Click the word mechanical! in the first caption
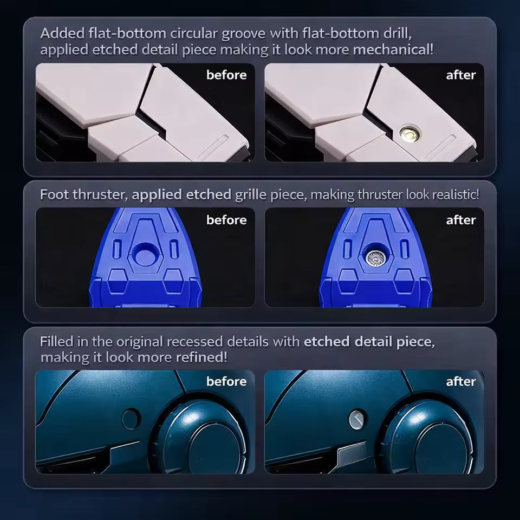pyautogui.click(x=393, y=50)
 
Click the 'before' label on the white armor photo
pyautogui.click(x=226, y=75)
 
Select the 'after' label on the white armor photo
pyautogui.click(x=461, y=75)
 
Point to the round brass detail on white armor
pyautogui.click(x=409, y=134)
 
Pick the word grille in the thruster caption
pyautogui.click(x=251, y=194)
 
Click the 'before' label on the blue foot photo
pyautogui.click(x=226, y=220)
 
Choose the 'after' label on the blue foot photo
pyautogui.click(x=461, y=220)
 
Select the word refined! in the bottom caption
pyautogui.click(x=201, y=357)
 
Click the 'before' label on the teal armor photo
pyautogui.click(x=226, y=381)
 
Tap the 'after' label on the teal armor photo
pyautogui.click(x=461, y=381)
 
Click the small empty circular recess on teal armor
pyautogui.click(x=131, y=419)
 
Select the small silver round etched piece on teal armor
pyautogui.click(x=356, y=419)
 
